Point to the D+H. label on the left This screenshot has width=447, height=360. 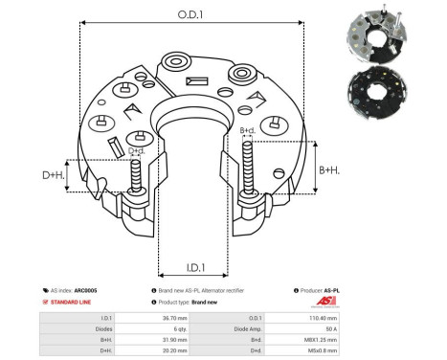(x=55, y=176)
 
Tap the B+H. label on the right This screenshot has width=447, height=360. (x=328, y=169)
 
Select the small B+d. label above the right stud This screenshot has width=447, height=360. (x=246, y=130)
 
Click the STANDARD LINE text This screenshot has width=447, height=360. (x=76, y=301)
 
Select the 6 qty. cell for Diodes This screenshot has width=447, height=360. (x=179, y=326)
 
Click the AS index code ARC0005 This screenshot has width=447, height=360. (x=85, y=289)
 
